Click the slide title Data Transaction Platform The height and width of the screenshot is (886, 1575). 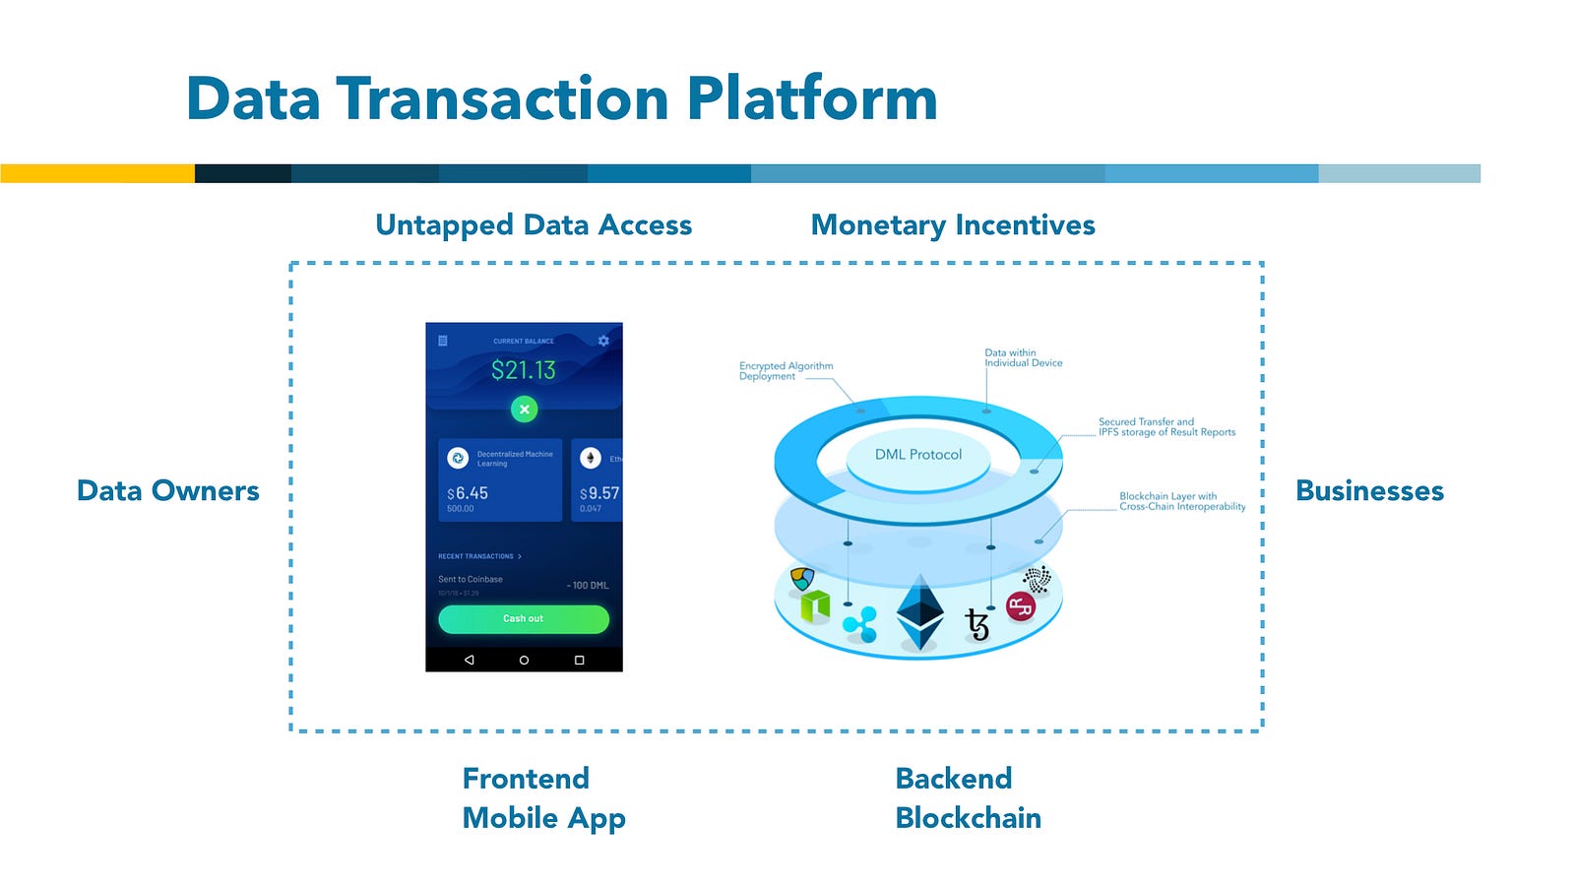[x=561, y=99]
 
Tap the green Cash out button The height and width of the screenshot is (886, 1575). [x=523, y=619]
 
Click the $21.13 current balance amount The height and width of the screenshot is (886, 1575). [x=524, y=370]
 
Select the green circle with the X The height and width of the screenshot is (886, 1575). [x=525, y=409]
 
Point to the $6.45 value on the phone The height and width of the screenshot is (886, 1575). [x=468, y=493]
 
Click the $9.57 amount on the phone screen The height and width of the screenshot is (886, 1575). [x=599, y=493]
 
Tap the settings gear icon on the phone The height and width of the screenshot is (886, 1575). [x=603, y=341]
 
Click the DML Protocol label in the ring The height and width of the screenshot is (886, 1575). [x=918, y=455]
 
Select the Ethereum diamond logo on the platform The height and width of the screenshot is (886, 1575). [x=920, y=611]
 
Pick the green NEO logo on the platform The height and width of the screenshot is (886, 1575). [x=815, y=604]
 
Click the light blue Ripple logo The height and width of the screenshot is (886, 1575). [x=860, y=624]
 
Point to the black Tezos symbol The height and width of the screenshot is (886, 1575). [x=977, y=623]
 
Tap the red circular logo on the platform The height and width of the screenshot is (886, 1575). [x=1021, y=607]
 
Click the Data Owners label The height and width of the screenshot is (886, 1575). [x=168, y=490]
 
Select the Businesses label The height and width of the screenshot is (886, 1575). [x=1369, y=490]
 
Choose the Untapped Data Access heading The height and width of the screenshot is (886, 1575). [x=534, y=225]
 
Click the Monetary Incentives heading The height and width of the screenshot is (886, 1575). [x=953, y=225]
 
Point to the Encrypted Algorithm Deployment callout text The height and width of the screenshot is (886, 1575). [x=786, y=371]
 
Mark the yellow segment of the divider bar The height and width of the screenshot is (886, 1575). [x=97, y=173]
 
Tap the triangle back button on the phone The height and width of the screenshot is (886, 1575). [x=470, y=660]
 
